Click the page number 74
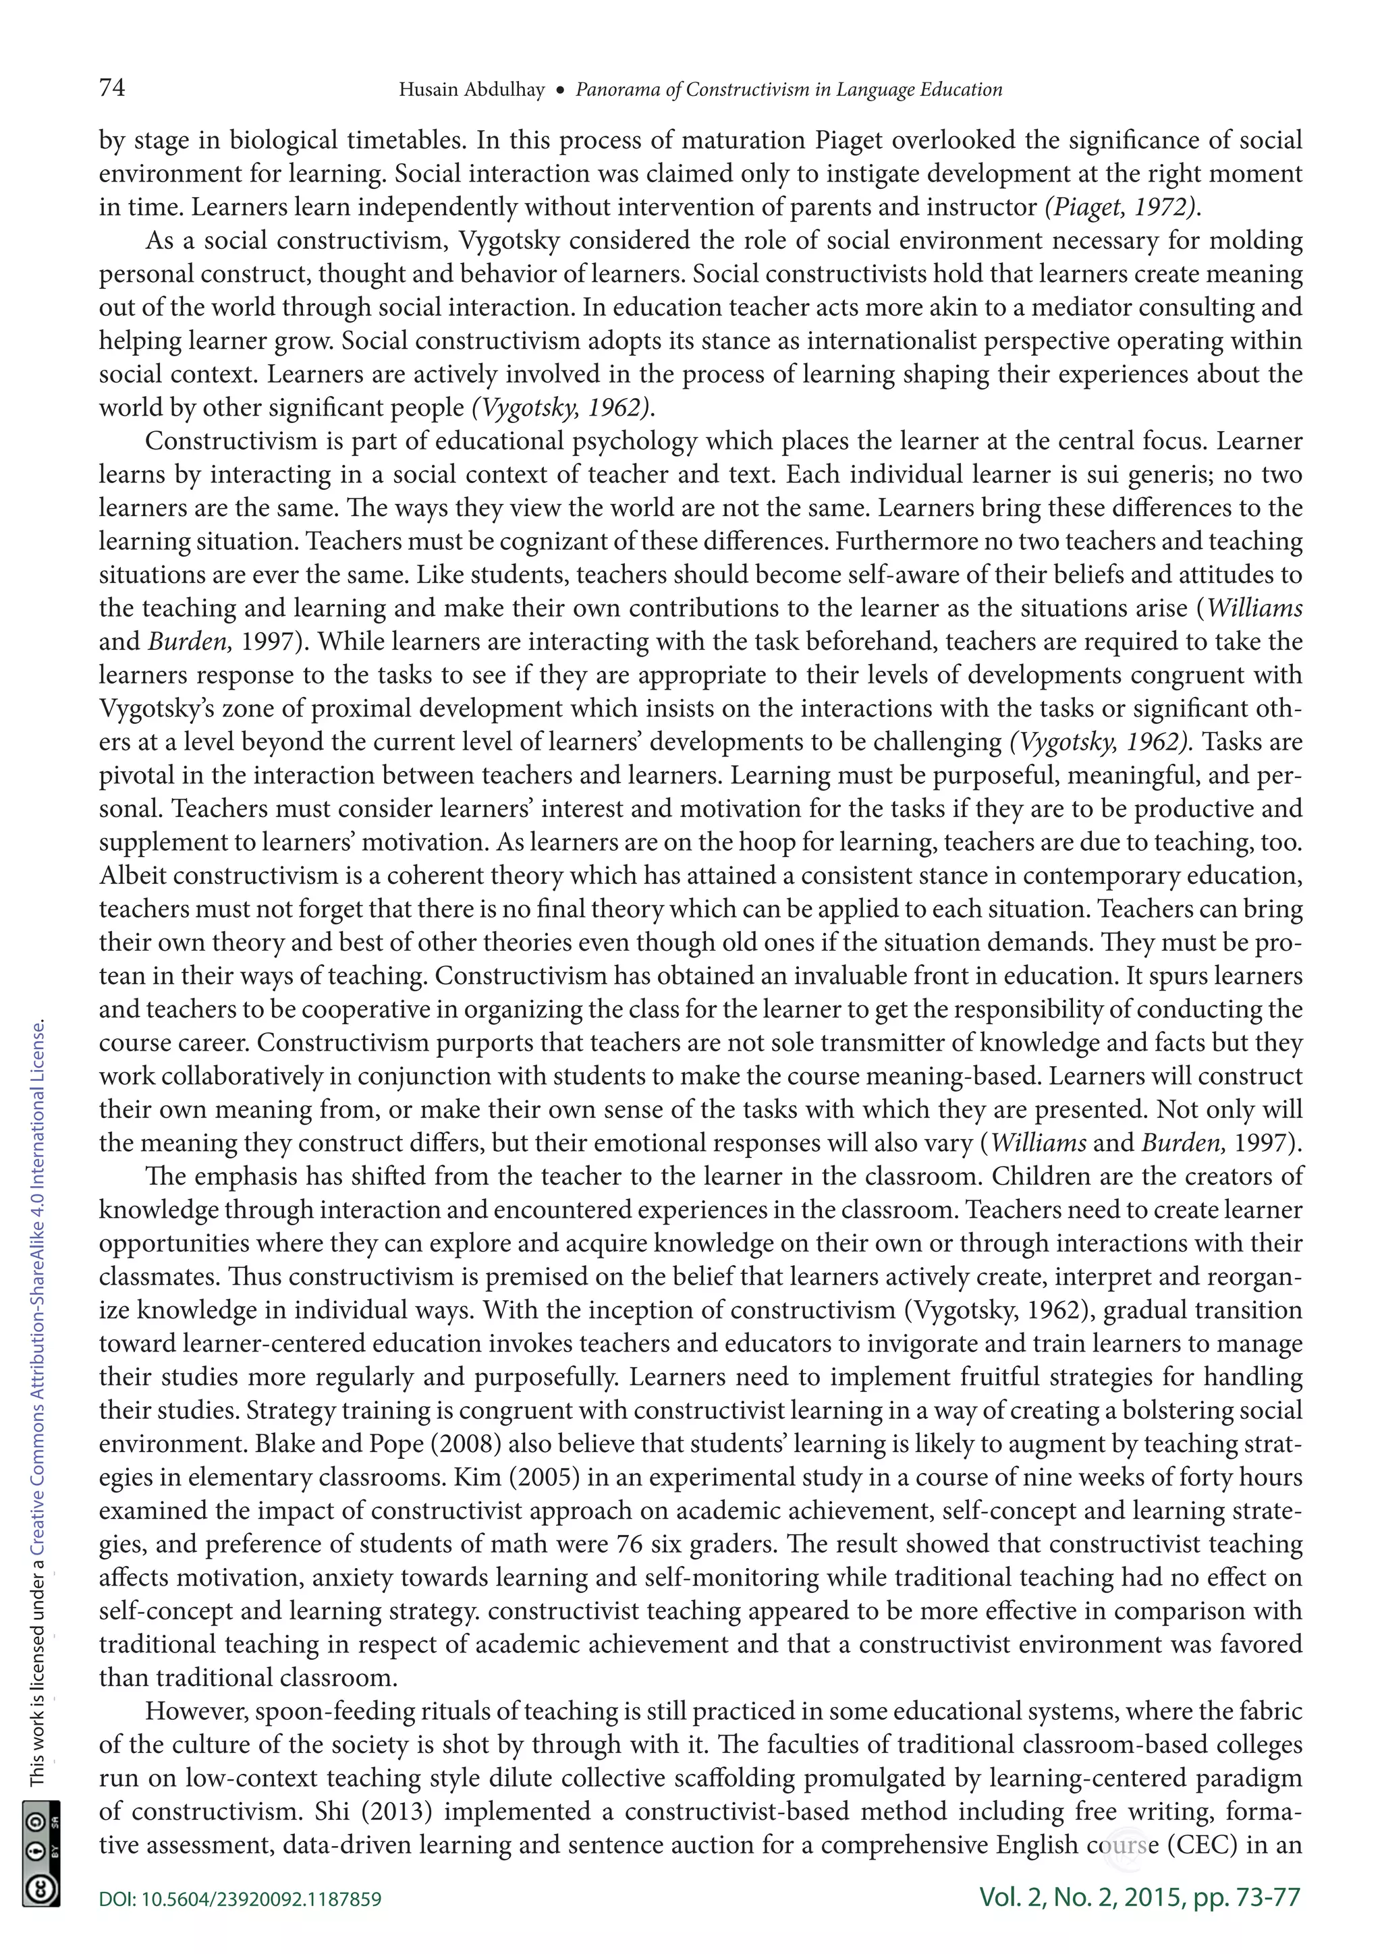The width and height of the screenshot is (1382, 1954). point(112,88)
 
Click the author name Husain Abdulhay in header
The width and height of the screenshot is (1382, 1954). point(472,89)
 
